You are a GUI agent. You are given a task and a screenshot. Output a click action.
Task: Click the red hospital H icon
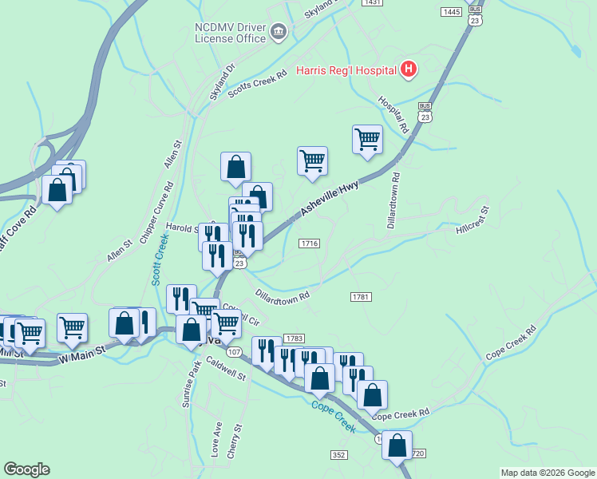coord(408,69)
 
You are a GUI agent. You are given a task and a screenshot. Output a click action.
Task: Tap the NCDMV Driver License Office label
coord(230,32)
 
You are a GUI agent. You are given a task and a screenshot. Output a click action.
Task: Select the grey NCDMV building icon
coord(278,32)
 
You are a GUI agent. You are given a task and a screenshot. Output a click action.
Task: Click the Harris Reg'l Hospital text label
coord(346,69)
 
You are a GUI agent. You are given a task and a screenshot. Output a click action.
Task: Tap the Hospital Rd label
coord(393,116)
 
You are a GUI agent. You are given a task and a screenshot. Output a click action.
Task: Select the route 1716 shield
coord(310,243)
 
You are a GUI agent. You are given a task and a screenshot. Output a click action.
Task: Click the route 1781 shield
coord(361,297)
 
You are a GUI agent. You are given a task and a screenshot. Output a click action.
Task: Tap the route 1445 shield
coord(451,11)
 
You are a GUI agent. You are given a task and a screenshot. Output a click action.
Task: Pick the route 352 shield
coord(338,454)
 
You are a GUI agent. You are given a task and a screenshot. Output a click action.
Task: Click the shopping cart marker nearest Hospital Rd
coord(367,138)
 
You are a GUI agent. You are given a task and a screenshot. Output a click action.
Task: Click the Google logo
coord(26,469)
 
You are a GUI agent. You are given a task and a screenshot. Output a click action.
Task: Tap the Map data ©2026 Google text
coord(547,473)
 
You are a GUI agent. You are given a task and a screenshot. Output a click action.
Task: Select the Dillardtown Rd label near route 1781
coord(282,295)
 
